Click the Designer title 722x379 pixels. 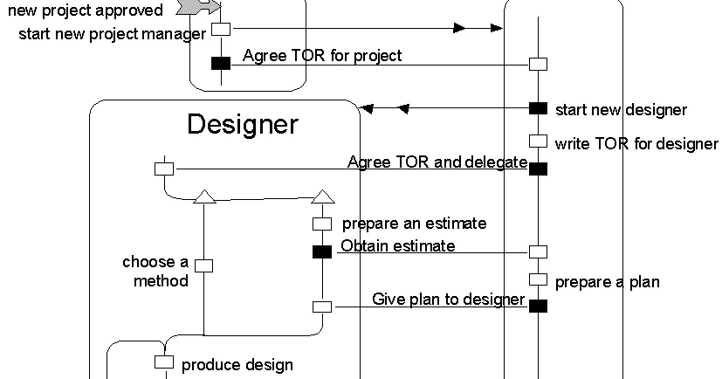pos(242,124)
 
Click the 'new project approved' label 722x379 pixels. pos(85,10)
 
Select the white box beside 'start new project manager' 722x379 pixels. pos(221,29)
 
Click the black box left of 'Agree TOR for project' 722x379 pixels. pos(221,63)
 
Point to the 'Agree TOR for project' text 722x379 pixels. pos(322,56)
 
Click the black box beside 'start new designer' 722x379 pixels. pos(538,108)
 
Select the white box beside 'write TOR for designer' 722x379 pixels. pos(538,141)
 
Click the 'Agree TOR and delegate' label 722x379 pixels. pos(437,162)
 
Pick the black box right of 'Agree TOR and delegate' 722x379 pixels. pos(538,169)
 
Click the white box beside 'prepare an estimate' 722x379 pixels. pos(322,224)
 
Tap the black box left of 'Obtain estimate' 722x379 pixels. pos(322,252)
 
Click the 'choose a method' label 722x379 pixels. pos(155,271)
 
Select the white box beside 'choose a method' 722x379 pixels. pos(203,265)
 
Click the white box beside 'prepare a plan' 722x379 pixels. pos(538,280)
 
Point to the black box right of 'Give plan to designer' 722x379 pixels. pos(538,306)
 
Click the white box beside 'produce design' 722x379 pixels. pos(164,362)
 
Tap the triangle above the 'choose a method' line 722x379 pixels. pos(203,196)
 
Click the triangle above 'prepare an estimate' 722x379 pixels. pos(322,196)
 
